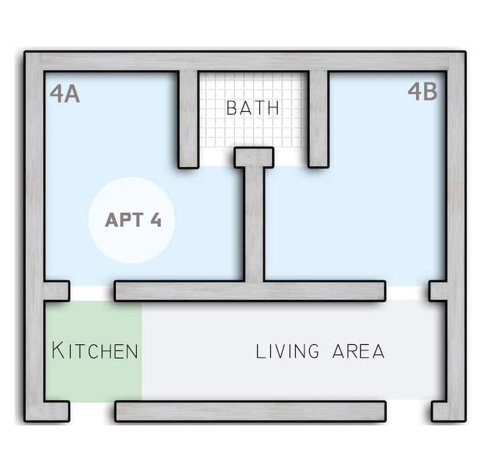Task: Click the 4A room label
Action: pos(65,94)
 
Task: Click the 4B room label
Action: pos(422,91)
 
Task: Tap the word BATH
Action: pos(253,108)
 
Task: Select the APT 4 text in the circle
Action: pos(133,220)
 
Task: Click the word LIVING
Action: pos(287,351)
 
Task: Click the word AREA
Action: pos(358,351)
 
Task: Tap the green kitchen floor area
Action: pos(94,352)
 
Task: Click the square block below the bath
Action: pos(254,158)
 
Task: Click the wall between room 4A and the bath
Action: pos(189,119)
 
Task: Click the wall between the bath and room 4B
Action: pos(318,119)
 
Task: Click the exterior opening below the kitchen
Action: pos(92,411)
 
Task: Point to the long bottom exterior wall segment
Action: pos(251,411)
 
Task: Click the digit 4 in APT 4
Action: pos(156,220)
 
